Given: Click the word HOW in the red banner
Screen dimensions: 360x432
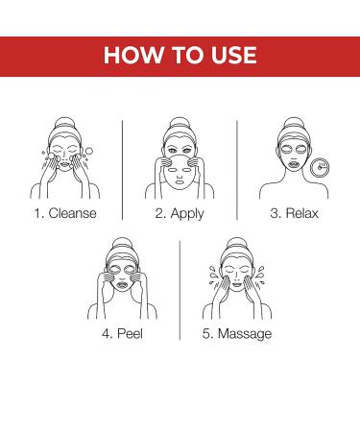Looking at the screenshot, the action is tap(132, 55).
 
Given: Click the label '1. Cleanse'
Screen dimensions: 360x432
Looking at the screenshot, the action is tap(65, 213).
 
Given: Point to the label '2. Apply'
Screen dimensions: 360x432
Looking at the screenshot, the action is tap(180, 214).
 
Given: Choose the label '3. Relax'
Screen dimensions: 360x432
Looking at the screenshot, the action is tap(294, 213).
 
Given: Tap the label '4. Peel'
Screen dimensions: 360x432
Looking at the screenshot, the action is tap(123, 334).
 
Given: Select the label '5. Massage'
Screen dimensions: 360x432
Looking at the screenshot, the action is tap(237, 334).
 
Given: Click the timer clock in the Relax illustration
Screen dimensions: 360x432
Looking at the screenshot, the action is tap(320, 167).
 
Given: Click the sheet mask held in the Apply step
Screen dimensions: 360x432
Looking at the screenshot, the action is tap(180, 173).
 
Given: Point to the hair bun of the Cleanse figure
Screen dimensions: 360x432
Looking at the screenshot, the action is tap(65, 122).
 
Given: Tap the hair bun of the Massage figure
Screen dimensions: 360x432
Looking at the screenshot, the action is tap(237, 243).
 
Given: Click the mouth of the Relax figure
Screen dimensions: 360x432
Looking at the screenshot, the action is tap(294, 164).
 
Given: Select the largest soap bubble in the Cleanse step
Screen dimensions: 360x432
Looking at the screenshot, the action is tap(89, 151).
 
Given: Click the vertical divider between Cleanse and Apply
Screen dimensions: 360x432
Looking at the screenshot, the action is tap(123, 170).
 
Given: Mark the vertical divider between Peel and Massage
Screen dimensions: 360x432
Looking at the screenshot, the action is tap(180, 290).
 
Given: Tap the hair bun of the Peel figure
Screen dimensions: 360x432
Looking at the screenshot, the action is tap(122, 243).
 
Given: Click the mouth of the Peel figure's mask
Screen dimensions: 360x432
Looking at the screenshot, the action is tap(123, 284).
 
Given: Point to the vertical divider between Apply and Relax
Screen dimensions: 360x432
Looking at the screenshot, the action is tap(237, 170).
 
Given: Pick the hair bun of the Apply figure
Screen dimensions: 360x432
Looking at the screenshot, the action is tap(180, 122).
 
